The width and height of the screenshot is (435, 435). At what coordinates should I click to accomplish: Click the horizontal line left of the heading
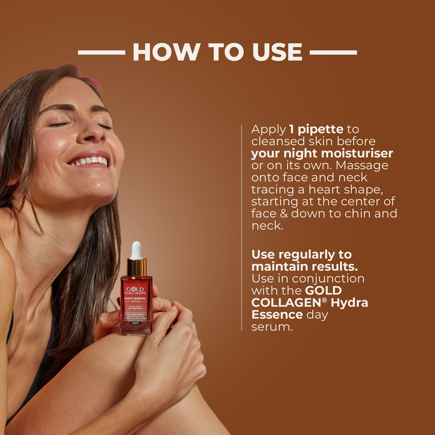[x=101, y=53]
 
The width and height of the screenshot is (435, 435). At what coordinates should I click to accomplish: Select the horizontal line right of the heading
[x=333, y=53]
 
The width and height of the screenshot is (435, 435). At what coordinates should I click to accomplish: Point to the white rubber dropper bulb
[x=136, y=250]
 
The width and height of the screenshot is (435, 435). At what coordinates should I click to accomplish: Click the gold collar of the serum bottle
[x=136, y=267]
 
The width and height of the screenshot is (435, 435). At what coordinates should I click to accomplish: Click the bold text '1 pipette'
[x=316, y=130]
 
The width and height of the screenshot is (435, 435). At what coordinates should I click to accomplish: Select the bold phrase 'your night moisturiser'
[x=322, y=153]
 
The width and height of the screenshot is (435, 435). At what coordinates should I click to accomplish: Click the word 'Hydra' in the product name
[x=349, y=303]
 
